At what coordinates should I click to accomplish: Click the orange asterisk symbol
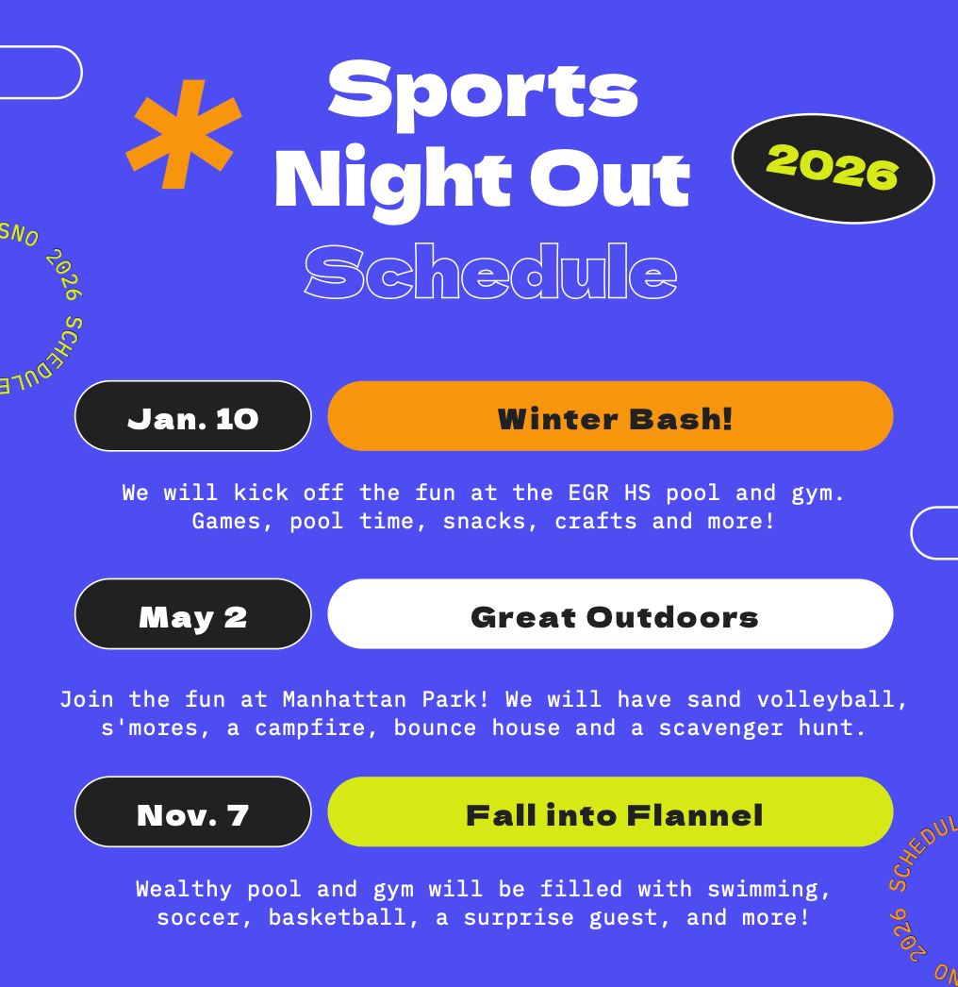click(184, 136)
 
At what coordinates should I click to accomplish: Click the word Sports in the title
click(483, 89)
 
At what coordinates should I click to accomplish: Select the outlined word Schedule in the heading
click(490, 272)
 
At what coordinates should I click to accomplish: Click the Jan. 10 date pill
click(192, 417)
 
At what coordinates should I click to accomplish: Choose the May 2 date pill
click(192, 615)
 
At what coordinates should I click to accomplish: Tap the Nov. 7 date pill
click(192, 812)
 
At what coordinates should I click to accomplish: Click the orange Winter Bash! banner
click(610, 417)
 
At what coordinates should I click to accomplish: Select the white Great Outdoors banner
click(610, 615)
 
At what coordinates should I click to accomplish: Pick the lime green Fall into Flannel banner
click(610, 812)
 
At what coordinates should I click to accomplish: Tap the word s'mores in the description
click(156, 728)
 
